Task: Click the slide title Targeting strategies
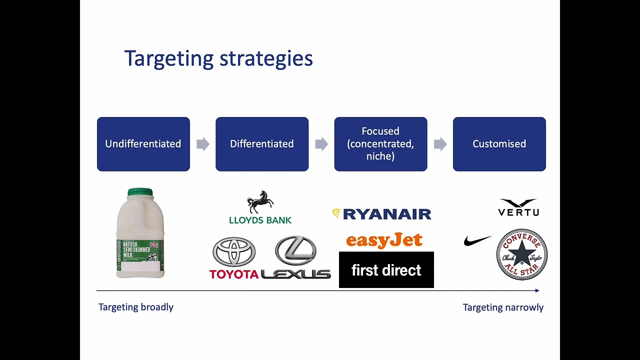(218, 58)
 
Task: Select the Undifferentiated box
(143, 144)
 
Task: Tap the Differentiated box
(261, 144)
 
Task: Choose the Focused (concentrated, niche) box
(380, 144)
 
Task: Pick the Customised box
(499, 144)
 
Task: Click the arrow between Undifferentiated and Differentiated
(202, 144)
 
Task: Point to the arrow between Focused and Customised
(440, 144)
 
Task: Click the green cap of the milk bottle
(140, 192)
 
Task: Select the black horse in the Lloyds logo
(260, 202)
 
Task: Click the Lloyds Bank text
(260, 219)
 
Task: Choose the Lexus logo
(296, 257)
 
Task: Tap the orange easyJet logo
(384, 240)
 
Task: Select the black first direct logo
(386, 270)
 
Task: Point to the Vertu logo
(518, 207)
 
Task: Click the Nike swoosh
(477, 241)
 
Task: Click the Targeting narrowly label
(502, 307)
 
